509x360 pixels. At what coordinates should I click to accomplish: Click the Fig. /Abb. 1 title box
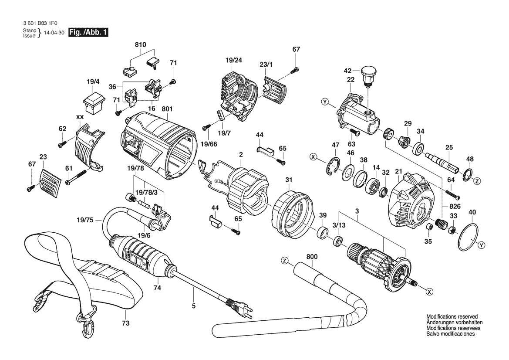click(88, 33)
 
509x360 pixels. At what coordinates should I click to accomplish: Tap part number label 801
click(167, 109)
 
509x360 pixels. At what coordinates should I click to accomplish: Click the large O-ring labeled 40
click(469, 237)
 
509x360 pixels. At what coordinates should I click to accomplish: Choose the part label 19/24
click(234, 60)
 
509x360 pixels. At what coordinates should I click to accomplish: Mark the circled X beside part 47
click(313, 157)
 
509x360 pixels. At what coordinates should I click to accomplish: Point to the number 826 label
click(455, 206)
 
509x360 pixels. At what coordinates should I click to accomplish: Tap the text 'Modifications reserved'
click(452, 317)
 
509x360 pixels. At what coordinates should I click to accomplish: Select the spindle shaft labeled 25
click(442, 162)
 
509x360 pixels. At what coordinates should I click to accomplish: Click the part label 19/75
click(85, 220)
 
